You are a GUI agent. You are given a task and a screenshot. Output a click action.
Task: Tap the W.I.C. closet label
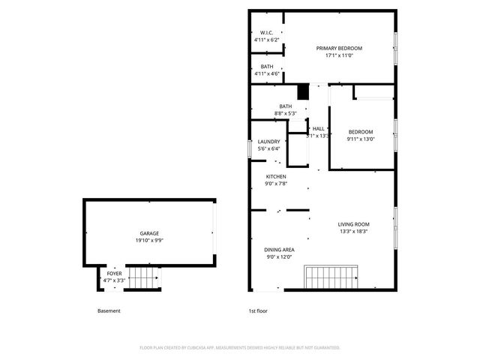(x=266, y=32)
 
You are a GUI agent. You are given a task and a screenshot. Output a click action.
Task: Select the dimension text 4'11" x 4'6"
(x=266, y=73)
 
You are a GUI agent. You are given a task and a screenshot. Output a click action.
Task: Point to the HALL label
(x=319, y=128)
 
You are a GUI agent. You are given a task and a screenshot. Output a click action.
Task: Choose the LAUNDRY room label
(x=268, y=141)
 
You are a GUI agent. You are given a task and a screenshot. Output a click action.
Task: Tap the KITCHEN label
(x=276, y=176)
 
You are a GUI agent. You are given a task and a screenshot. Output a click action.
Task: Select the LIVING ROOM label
(x=353, y=223)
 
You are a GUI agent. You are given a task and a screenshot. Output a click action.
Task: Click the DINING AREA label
(x=279, y=250)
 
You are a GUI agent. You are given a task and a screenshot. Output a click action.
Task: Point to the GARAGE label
(x=148, y=233)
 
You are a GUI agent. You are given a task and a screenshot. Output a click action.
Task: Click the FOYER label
(x=114, y=274)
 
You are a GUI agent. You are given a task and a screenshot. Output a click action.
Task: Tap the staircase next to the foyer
(x=142, y=278)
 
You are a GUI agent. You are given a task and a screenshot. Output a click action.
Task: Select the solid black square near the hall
(x=303, y=92)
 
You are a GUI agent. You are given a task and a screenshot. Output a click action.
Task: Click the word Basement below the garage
(x=109, y=310)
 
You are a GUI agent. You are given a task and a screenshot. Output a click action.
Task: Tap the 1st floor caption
(x=258, y=310)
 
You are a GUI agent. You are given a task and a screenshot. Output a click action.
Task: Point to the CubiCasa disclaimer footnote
(x=240, y=347)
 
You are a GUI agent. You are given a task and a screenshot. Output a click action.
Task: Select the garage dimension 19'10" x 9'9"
(x=148, y=241)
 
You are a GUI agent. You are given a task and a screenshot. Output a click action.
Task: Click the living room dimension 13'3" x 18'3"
(x=353, y=231)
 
